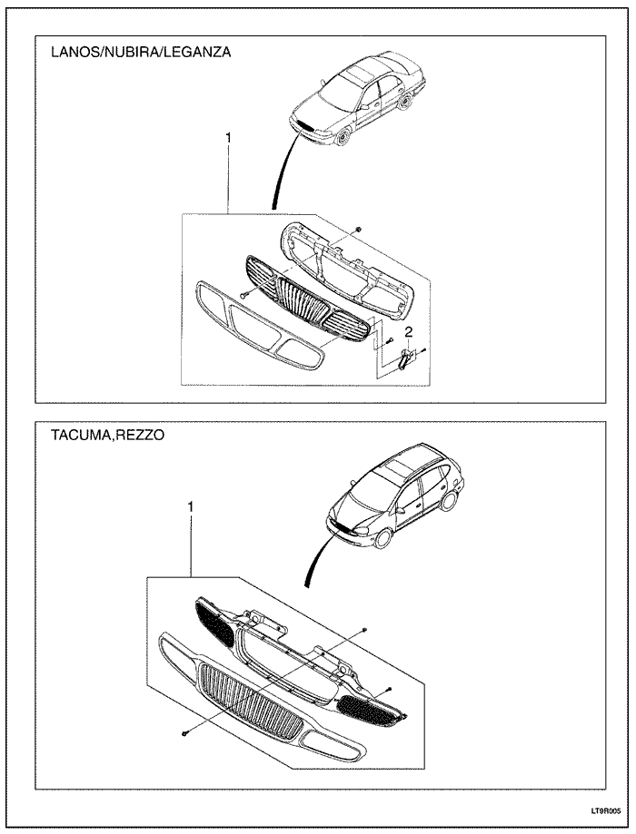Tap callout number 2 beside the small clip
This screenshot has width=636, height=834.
[409, 331]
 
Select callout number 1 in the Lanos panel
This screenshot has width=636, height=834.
[228, 137]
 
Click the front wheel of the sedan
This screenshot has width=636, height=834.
[343, 138]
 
